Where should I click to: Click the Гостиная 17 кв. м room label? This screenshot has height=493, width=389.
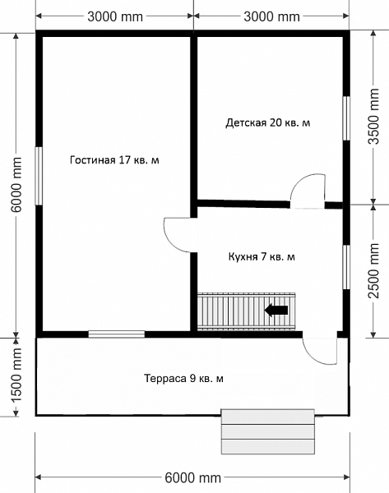114,160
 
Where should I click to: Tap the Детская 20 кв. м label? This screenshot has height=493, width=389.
268,122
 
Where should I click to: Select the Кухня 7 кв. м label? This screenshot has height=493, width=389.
262,257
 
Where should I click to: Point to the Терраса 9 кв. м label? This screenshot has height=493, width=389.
183,378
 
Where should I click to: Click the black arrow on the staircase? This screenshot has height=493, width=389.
276,311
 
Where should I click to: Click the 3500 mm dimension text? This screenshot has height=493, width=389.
374,117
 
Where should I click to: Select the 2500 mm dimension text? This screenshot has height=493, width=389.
374,270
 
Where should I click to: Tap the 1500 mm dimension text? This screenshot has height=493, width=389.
16,375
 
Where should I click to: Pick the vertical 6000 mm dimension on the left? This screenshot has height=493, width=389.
16,185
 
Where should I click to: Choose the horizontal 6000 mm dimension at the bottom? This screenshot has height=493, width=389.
193,478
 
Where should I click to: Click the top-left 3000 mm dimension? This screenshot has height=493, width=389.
115,16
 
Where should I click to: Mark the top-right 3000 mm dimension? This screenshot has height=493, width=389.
271,16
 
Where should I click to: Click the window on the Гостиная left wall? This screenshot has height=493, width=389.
39,176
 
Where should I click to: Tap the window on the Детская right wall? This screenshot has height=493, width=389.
346,117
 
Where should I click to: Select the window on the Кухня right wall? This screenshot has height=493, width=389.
346,267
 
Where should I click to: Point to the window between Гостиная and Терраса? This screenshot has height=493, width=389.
117,334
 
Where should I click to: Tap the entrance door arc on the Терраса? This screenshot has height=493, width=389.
310,357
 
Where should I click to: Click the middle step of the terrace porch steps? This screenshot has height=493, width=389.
268,431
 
